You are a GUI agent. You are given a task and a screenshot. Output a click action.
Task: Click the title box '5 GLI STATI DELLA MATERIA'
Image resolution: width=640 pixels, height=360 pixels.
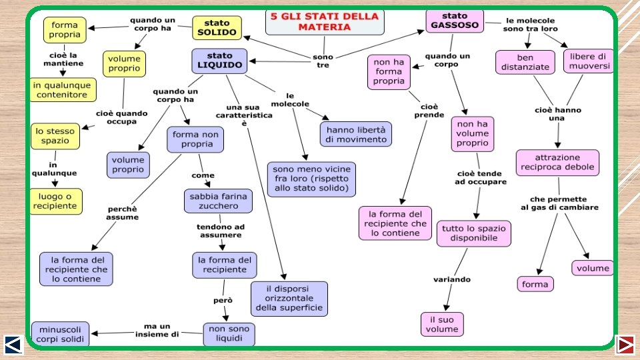(x=325, y=21)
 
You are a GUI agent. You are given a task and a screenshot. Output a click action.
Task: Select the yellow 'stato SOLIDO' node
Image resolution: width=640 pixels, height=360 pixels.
(x=217, y=28)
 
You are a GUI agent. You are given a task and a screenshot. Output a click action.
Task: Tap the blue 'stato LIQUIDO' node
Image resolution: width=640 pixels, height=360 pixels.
(x=219, y=61)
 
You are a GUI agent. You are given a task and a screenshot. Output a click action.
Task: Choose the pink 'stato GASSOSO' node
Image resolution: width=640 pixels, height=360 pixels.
(x=455, y=21)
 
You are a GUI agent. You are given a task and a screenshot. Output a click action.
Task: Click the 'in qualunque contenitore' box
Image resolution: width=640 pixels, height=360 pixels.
(x=62, y=90)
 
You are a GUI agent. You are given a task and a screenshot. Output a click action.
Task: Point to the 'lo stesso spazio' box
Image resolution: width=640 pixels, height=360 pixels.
(x=55, y=136)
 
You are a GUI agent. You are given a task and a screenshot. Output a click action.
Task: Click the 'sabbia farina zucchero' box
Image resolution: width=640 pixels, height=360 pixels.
(x=218, y=201)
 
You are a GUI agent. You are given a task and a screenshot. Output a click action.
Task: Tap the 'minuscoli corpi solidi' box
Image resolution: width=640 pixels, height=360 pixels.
(x=60, y=334)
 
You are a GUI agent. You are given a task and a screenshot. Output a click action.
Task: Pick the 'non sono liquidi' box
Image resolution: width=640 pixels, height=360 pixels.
(x=229, y=334)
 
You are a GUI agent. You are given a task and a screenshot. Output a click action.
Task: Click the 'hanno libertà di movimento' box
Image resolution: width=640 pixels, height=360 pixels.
(x=356, y=134)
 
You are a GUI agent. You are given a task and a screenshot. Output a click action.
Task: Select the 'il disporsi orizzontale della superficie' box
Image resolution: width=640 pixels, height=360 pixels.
(x=289, y=298)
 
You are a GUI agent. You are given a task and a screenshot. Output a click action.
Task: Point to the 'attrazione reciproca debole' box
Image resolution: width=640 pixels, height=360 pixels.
(x=557, y=163)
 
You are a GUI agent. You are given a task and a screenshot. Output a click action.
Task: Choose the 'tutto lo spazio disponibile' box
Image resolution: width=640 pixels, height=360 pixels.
(x=474, y=233)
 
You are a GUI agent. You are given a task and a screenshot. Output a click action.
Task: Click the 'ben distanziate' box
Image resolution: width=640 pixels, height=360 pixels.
(x=525, y=63)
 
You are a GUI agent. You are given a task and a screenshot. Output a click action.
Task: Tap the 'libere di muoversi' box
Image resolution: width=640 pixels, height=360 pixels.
(x=589, y=61)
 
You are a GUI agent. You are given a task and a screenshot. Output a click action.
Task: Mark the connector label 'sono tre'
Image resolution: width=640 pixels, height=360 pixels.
(x=323, y=61)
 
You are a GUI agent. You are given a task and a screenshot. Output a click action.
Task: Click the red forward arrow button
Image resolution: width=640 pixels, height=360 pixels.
(x=626, y=344)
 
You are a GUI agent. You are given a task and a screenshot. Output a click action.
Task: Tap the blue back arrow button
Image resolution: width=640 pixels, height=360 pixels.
(x=14, y=344)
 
